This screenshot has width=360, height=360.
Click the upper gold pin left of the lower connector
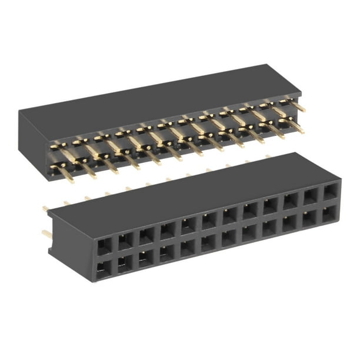coord(45,208)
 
